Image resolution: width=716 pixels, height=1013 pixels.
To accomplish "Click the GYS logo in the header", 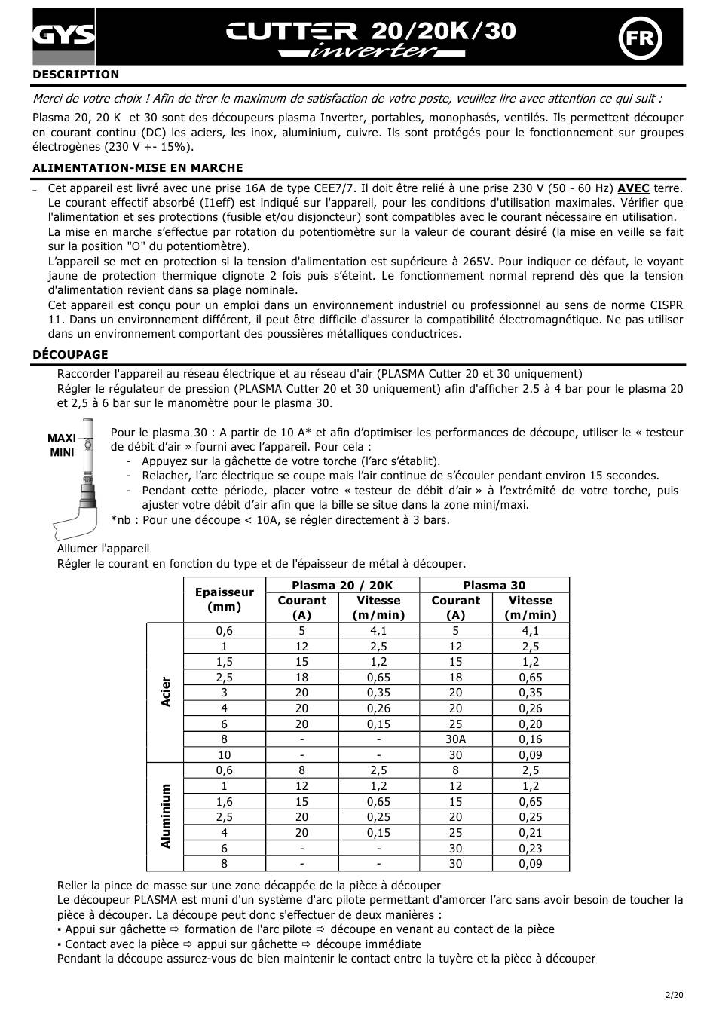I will (63, 35).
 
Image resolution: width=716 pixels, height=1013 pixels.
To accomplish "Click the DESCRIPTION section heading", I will (75, 75).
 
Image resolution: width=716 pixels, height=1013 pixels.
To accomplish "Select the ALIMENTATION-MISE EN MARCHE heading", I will (138, 168).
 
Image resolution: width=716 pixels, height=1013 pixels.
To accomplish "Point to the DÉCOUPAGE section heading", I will (70, 355).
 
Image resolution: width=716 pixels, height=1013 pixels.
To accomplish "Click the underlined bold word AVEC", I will (633, 188).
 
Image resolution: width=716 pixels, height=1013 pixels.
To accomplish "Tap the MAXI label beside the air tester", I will (62, 438).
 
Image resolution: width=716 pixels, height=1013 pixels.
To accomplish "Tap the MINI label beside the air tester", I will (62, 452).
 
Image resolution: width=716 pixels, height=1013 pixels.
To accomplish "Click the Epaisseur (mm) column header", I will (224, 599).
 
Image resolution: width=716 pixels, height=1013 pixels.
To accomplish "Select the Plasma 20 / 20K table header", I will (342, 585).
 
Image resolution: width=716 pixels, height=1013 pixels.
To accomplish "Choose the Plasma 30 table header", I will (494, 585).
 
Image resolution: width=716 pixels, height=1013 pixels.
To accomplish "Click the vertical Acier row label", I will (166, 692).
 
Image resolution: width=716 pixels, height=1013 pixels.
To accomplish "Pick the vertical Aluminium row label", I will (166, 816).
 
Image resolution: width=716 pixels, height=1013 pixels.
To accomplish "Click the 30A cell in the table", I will (455, 739).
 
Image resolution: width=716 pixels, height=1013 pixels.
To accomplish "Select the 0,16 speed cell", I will (530, 739).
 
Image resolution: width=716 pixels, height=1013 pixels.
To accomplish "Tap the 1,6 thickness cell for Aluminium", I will (224, 802).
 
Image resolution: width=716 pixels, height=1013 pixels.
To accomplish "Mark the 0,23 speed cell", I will (530, 849).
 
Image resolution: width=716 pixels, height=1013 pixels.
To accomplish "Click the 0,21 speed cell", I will (530, 833).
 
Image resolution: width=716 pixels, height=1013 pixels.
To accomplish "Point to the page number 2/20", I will (674, 996).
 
